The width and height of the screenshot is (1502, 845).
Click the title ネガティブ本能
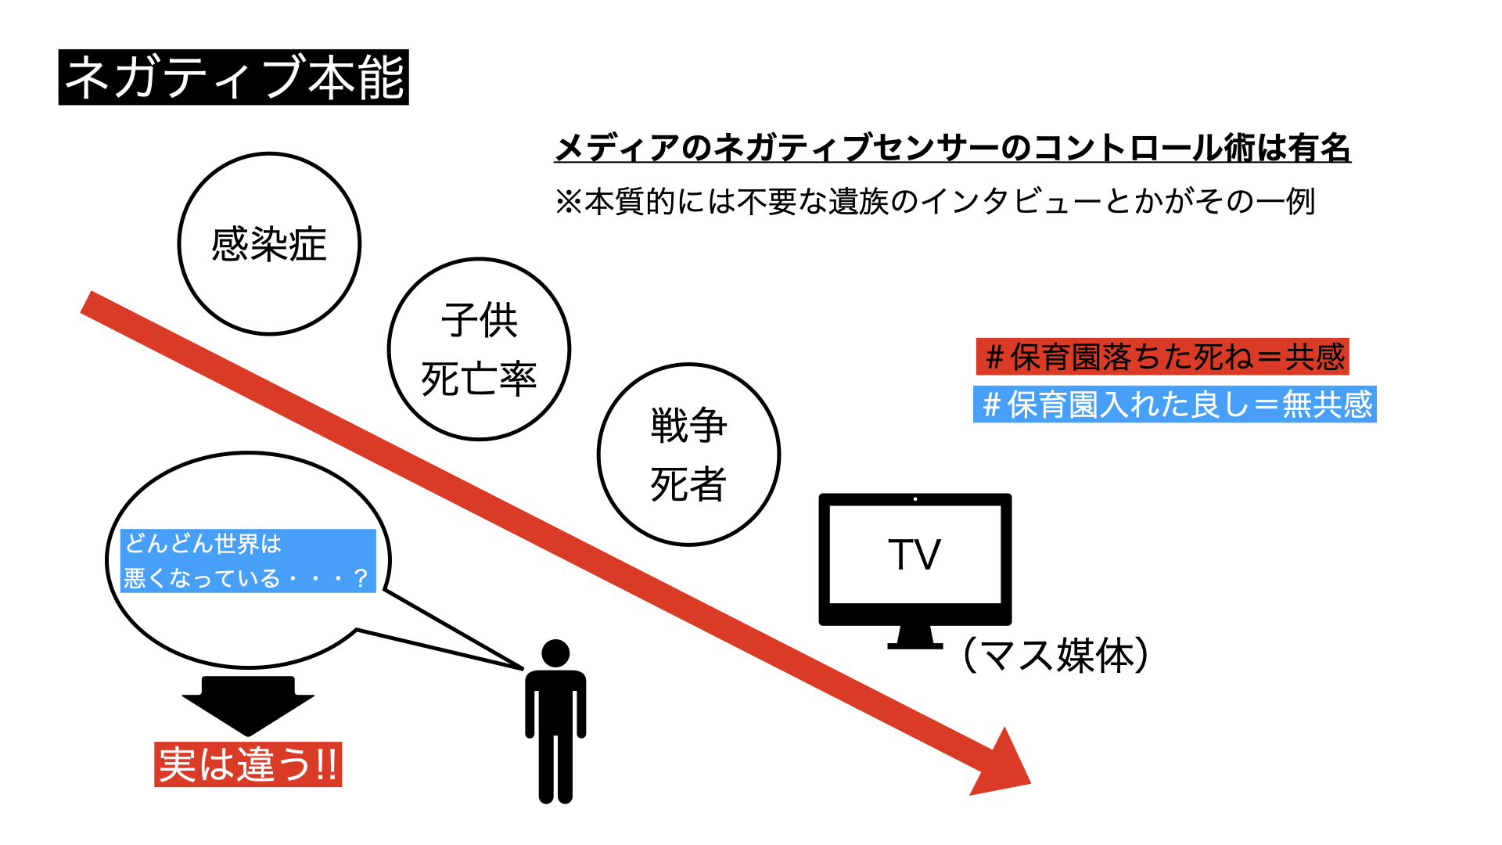233,77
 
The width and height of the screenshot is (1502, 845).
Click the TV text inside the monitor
914,555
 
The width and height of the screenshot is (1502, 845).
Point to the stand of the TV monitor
914,637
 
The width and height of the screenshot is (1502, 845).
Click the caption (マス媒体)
1056,655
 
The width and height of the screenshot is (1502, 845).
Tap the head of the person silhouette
555,653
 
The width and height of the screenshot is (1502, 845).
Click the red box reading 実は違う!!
248,764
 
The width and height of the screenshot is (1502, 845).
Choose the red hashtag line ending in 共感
1162,357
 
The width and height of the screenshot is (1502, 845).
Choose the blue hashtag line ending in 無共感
1175,405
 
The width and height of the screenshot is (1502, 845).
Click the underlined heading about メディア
953,148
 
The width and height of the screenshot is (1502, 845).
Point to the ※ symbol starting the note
569,202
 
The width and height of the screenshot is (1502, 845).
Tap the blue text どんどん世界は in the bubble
203,543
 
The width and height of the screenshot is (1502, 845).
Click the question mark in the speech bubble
360,578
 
